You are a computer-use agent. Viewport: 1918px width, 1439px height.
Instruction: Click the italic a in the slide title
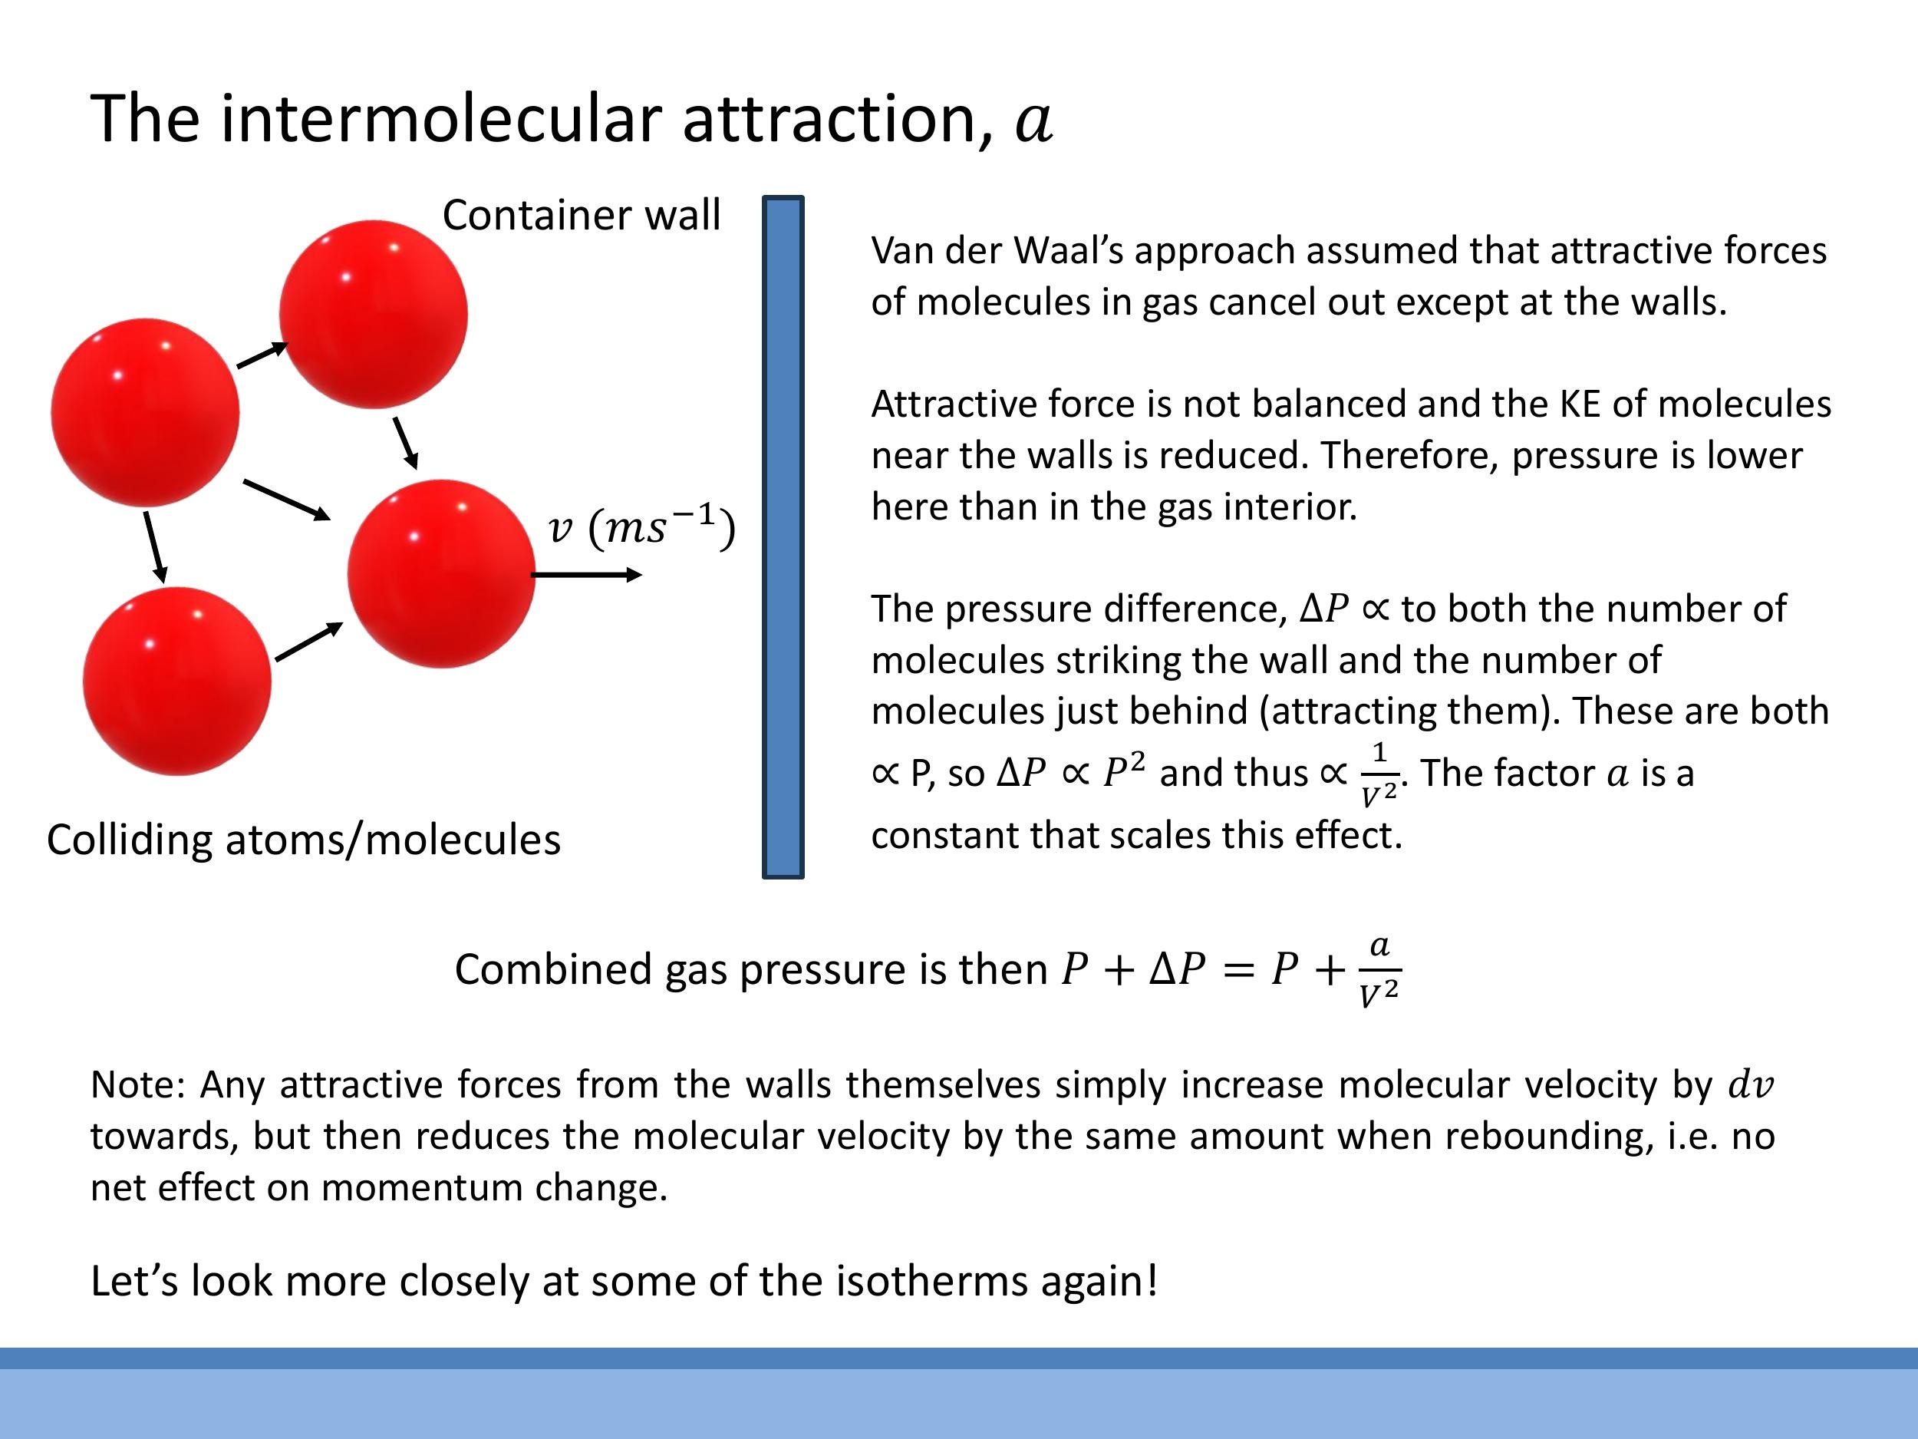point(1033,121)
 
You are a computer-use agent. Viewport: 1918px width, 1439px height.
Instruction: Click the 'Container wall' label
point(581,215)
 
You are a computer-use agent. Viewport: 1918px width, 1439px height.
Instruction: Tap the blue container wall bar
point(783,537)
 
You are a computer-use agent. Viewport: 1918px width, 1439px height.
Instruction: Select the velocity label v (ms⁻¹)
point(641,527)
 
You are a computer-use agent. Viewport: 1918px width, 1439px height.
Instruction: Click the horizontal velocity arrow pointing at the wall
point(586,574)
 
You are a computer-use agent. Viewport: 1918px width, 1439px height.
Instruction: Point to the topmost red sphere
point(373,314)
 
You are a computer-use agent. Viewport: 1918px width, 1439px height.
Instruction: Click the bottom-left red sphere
point(177,681)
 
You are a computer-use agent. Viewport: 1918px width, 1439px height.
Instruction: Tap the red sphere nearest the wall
point(440,573)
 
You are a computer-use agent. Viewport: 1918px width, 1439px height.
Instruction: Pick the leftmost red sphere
point(145,412)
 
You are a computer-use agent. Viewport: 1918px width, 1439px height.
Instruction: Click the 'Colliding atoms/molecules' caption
point(304,840)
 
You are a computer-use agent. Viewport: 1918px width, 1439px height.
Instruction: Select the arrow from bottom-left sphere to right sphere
point(308,642)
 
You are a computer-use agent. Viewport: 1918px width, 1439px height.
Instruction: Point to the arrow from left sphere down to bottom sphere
point(155,547)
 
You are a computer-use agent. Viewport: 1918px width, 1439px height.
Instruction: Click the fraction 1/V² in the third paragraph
point(1379,774)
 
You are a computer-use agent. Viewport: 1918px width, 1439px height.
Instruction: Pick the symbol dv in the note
point(1751,1085)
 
